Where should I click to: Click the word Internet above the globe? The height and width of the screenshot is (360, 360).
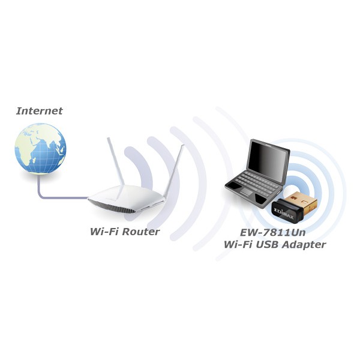pyautogui.click(x=39, y=111)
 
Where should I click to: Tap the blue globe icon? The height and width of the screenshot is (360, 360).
pyautogui.click(x=40, y=148)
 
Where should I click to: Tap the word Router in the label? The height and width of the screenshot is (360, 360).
pyautogui.click(x=141, y=232)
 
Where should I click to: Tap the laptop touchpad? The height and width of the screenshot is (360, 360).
pyautogui.click(x=247, y=192)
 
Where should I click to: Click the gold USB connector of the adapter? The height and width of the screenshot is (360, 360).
pyautogui.click(x=301, y=202)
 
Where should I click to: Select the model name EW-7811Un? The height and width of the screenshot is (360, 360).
pyautogui.click(x=273, y=233)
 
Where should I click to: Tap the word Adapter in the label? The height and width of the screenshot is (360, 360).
pyautogui.click(x=304, y=245)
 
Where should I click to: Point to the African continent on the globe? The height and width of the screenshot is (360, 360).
pyautogui.click(x=25, y=154)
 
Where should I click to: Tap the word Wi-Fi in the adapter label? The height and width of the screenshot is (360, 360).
pyautogui.click(x=238, y=244)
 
